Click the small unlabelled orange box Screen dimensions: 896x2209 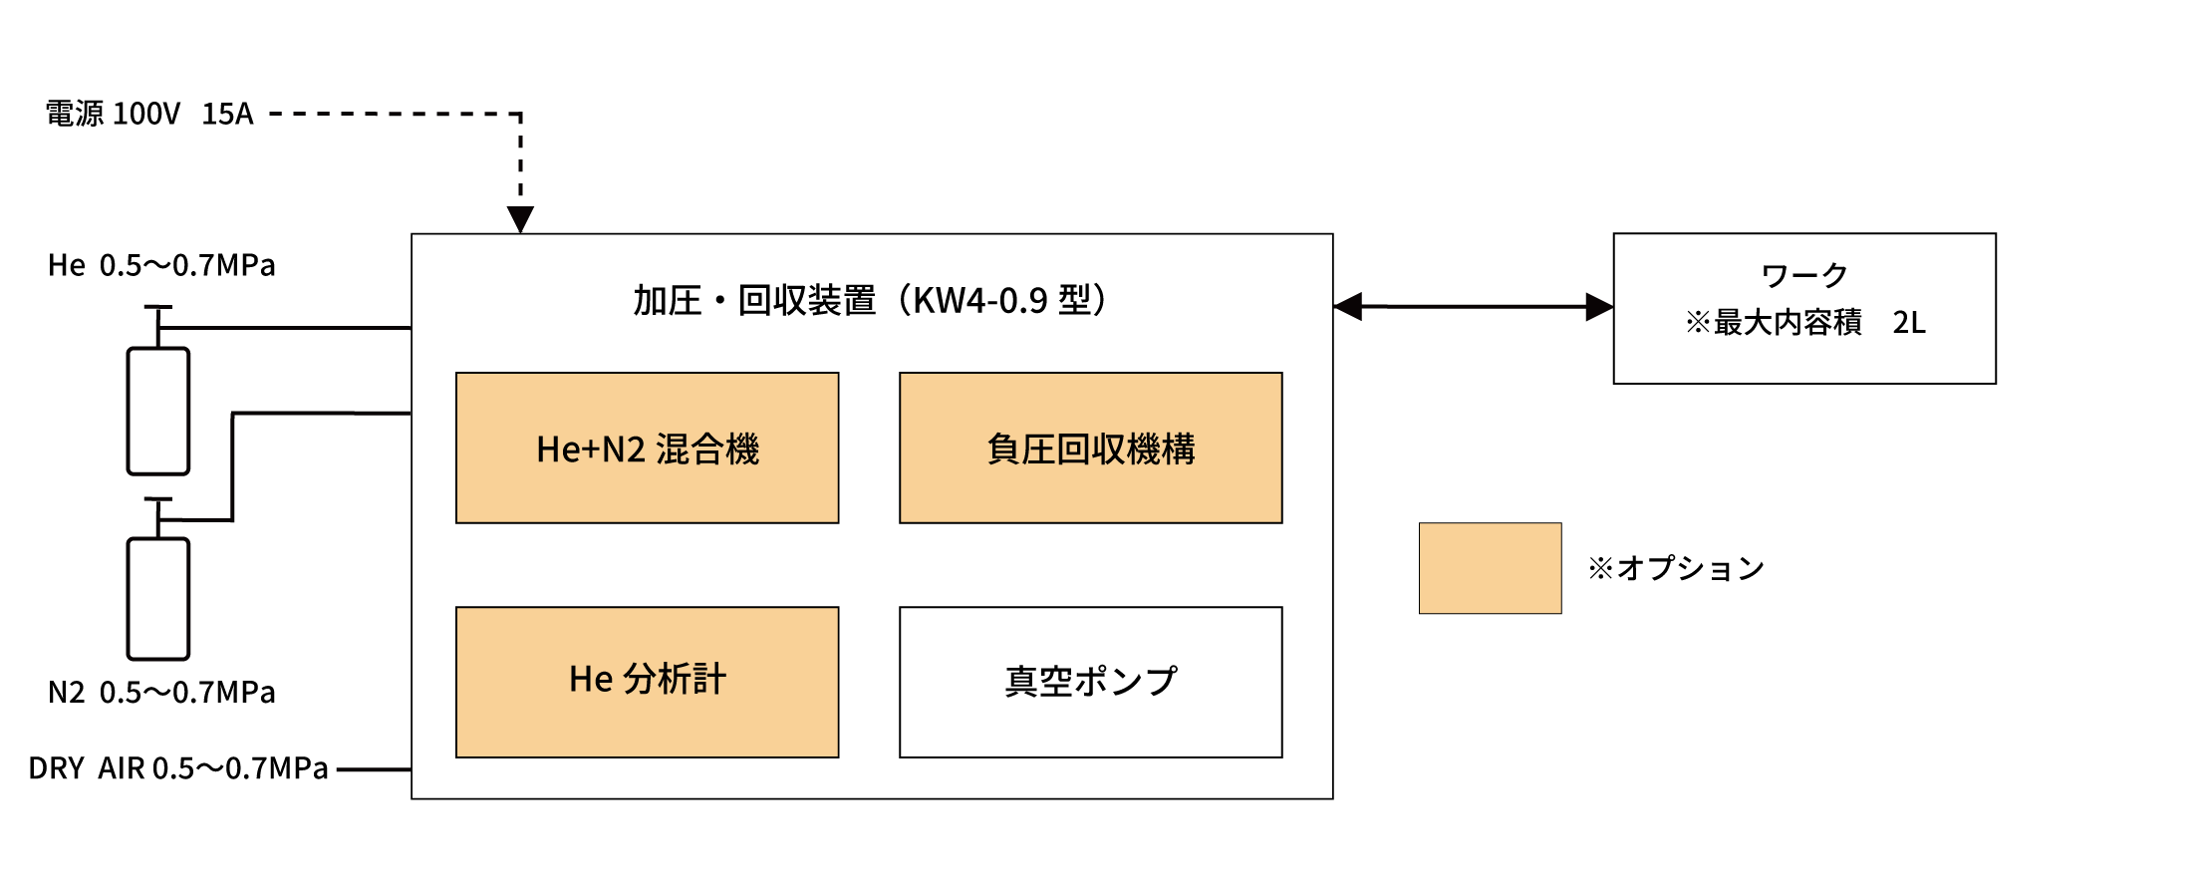(x=1490, y=568)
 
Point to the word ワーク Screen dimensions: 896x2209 (x=1804, y=275)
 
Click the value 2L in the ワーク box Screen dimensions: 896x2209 (x=1908, y=323)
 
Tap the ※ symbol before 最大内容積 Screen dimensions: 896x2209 (x=1697, y=323)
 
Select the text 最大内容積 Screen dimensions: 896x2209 (x=1788, y=323)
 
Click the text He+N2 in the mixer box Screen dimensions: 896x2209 (x=591, y=449)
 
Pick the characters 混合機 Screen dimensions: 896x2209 (x=707, y=449)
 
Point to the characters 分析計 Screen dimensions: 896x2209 (x=675, y=680)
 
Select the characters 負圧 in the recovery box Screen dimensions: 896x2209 (x=1020, y=449)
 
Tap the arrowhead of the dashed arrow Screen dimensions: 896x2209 (x=520, y=219)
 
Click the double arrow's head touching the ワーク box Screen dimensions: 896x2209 (x=1598, y=307)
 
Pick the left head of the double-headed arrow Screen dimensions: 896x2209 (x=1347, y=307)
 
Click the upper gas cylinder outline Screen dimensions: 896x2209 (x=158, y=411)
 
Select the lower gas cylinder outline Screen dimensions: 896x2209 (x=158, y=598)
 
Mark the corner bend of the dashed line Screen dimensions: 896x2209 (x=520, y=115)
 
